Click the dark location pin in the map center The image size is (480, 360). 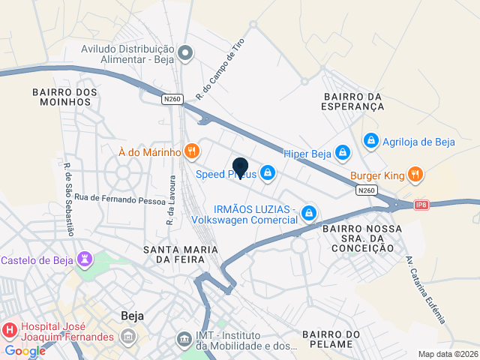click(x=240, y=168)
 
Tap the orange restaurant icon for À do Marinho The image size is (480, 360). click(x=192, y=151)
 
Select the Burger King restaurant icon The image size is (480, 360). click(x=416, y=176)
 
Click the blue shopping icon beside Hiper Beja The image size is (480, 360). click(x=342, y=153)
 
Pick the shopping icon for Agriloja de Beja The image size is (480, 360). click(x=370, y=140)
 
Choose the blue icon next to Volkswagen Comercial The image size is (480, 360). click(x=307, y=214)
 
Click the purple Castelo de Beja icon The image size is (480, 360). click(x=86, y=260)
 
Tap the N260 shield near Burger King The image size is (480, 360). click(x=367, y=191)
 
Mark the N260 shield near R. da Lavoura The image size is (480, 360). click(x=172, y=98)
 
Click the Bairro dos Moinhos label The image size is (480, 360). click(x=64, y=97)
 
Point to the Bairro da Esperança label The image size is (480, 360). click(x=354, y=102)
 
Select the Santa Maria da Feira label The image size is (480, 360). click(x=181, y=253)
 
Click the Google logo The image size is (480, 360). click(x=25, y=350)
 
